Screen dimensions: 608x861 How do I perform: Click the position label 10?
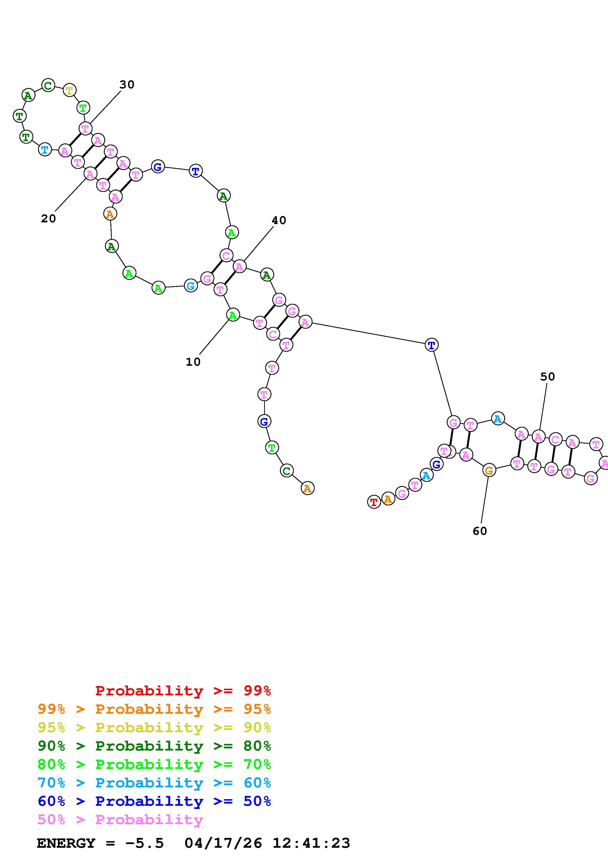click(193, 362)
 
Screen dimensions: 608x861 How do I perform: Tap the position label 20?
click(48, 219)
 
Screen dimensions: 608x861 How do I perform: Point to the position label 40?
click(279, 220)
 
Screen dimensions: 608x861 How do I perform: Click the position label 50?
click(547, 377)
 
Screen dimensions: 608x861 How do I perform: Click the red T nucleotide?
click(374, 502)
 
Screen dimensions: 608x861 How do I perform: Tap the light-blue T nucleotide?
click(45, 150)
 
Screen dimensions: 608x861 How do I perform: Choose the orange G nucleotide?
click(489, 470)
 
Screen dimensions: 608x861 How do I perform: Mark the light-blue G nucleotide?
click(191, 286)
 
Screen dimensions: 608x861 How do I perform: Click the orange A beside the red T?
click(388, 499)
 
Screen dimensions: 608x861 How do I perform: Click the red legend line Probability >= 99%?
click(183, 691)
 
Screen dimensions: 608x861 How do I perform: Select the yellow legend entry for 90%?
click(154, 727)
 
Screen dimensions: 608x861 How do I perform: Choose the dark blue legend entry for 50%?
click(154, 801)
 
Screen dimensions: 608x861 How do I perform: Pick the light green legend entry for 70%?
click(154, 764)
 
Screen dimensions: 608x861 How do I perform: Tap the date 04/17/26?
click(223, 843)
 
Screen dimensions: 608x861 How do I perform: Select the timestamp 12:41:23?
click(311, 843)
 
